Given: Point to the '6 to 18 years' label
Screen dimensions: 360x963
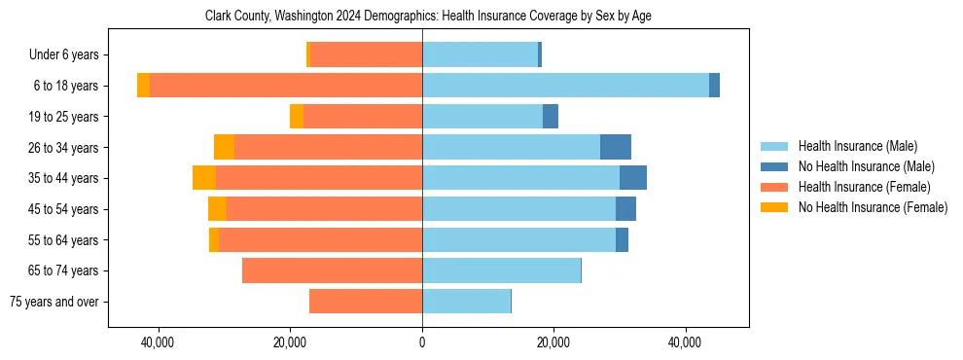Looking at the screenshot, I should click(65, 86).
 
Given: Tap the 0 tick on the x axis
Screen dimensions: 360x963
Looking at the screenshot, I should click(422, 342).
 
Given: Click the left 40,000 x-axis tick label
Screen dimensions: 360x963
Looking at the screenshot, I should click(158, 342).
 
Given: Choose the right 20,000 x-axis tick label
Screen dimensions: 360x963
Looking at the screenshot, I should click(553, 342).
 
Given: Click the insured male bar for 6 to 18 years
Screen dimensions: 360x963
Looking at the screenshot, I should click(565, 86).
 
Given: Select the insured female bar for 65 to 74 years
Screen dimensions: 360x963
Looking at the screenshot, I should click(332, 270).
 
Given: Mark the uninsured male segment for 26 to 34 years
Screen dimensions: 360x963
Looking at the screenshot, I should click(616, 147).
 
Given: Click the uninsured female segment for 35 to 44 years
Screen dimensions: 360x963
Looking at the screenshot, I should click(204, 178).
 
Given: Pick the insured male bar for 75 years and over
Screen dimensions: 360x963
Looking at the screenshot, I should click(466, 302).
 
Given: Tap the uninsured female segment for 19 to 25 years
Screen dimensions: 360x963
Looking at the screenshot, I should click(297, 117).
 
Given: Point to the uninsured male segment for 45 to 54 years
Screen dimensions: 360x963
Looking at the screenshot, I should click(625, 209).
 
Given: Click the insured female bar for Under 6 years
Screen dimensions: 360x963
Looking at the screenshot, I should click(366, 55).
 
